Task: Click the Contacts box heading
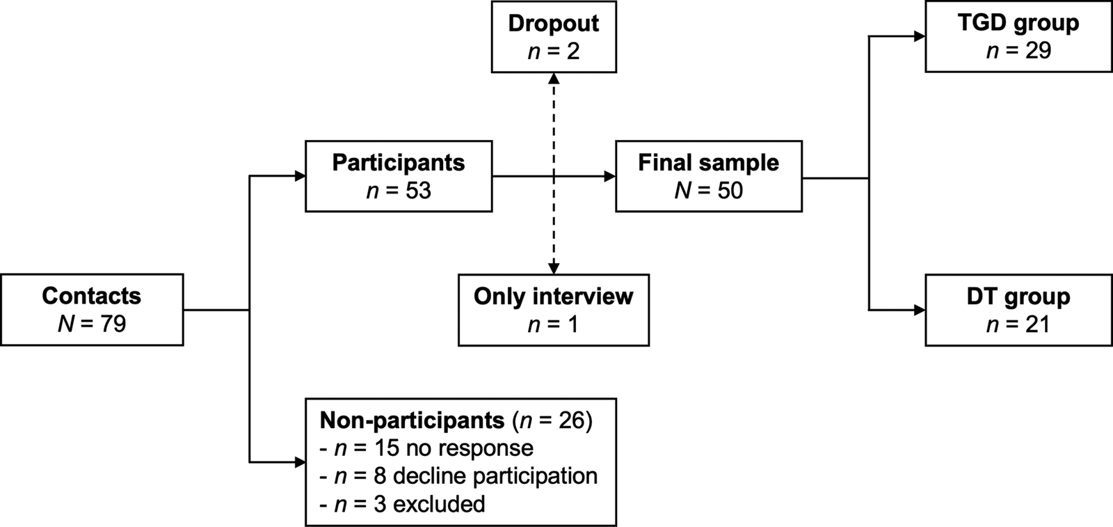(91, 296)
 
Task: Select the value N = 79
(91, 324)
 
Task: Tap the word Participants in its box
(398, 162)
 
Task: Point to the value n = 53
(398, 191)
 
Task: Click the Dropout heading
(553, 23)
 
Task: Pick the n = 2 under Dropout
(553, 52)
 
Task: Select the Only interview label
(553, 296)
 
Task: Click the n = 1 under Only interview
(553, 324)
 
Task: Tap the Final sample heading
(708, 162)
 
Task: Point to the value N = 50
(708, 191)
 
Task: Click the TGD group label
(1018, 22)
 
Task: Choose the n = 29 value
(1018, 51)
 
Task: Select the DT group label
(1018, 296)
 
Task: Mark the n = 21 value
(1018, 324)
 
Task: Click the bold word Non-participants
(412, 420)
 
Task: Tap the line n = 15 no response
(426, 448)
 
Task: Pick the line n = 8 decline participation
(458, 475)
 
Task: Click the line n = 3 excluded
(402, 503)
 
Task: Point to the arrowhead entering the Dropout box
(553, 78)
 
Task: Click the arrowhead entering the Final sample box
(610, 177)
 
